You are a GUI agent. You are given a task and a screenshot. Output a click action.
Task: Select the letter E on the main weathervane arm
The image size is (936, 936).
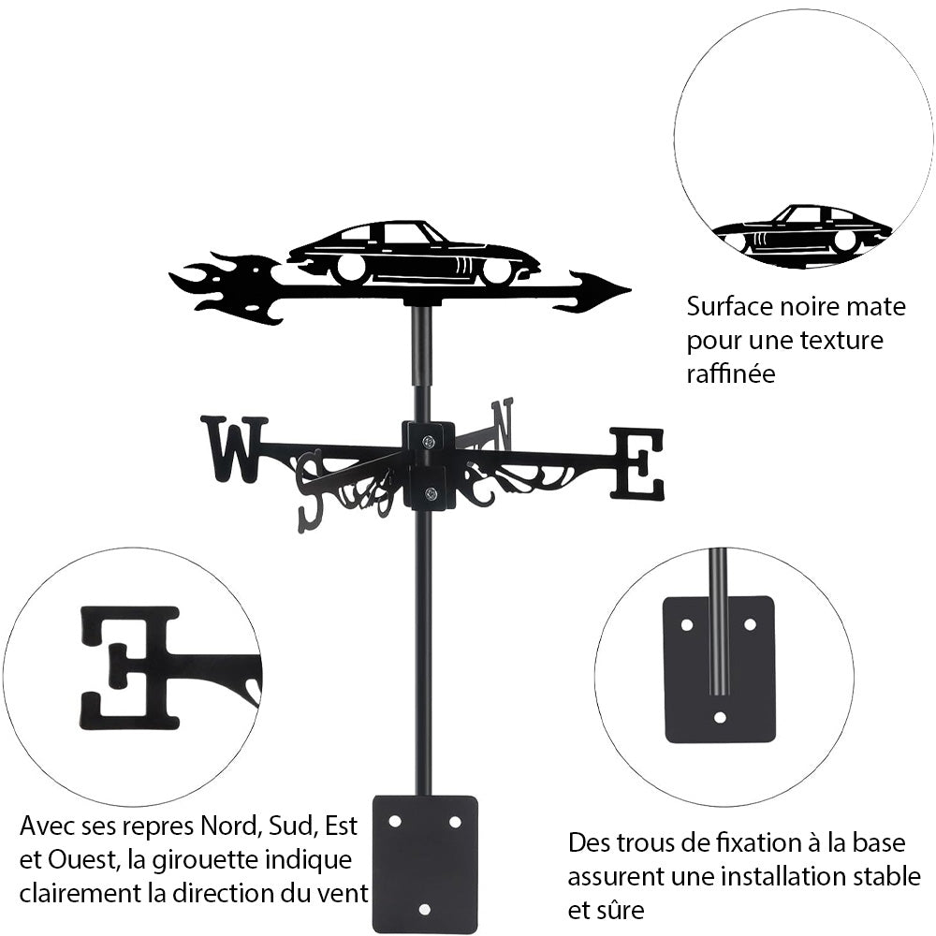(x=637, y=462)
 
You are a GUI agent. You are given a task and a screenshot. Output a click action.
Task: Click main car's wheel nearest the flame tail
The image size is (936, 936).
(x=350, y=268)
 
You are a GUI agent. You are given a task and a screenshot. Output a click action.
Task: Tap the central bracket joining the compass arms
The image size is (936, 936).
(x=430, y=464)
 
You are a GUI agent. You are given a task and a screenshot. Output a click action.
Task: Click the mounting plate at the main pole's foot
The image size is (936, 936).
(x=425, y=863)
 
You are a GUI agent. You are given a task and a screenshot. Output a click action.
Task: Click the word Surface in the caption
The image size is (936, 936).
(x=729, y=306)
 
